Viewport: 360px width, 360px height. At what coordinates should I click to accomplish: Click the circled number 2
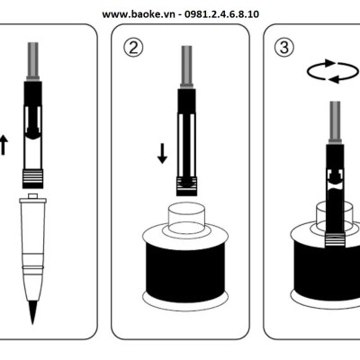tap(133, 48)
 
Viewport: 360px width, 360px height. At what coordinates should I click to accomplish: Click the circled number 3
tap(284, 48)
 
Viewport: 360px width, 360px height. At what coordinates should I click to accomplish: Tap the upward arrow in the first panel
tap(4, 145)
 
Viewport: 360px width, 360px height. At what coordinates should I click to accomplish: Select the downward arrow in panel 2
tap(162, 154)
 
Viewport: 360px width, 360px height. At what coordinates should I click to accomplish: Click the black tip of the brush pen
tap(32, 312)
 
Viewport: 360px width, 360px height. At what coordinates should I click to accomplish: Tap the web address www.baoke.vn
tap(139, 14)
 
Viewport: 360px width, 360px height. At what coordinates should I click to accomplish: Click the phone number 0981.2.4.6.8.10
tap(221, 14)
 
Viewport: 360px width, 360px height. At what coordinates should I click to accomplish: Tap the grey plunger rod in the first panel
tap(33, 61)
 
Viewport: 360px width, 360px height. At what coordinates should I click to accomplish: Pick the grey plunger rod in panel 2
tap(186, 67)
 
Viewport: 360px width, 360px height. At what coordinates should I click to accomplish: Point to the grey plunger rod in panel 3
tap(335, 122)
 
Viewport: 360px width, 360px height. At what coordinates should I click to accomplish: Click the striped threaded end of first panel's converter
tap(32, 179)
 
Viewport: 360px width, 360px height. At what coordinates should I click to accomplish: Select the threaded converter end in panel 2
tap(186, 186)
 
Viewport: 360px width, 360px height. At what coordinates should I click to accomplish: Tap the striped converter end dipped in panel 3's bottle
tap(335, 239)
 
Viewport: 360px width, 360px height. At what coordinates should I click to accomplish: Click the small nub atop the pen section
tap(32, 196)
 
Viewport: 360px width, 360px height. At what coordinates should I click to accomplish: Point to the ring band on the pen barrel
tap(32, 266)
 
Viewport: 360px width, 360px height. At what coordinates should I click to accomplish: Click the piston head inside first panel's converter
tap(32, 132)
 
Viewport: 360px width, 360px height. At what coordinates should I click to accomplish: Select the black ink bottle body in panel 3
tap(327, 270)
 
